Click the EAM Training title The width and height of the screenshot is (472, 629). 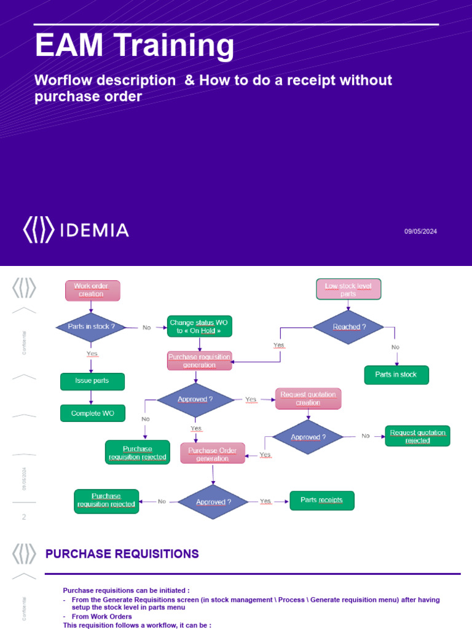click(x=135, y=46)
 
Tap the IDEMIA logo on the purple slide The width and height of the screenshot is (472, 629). click(x=76, y=230)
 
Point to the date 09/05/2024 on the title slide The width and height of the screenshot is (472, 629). click(x=420, y=232)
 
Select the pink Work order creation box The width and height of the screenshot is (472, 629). click(x=92, y=290)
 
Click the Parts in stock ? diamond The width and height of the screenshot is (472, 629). click(x=92, y=327)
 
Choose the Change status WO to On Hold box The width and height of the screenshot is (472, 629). click(x=200, y=326)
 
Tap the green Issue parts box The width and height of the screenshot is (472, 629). click(x=92, y=381)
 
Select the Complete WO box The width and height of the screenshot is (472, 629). click(x=92, y=413)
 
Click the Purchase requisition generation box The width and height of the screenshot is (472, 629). click(x=200, y=361)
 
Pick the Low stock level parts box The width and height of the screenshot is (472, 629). click(x=348, y=289)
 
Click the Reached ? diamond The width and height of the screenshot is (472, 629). click(x=348, y=327)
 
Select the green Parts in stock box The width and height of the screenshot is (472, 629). click(x=396, y=375)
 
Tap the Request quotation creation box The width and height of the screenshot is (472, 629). click(x=308, y=398)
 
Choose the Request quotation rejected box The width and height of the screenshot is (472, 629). click(x=417, y=436)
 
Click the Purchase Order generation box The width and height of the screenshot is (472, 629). click(x=213, y=453)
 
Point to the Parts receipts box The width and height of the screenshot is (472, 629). click(x=322, y=500)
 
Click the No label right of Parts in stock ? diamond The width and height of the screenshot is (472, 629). click(x=146, y=327)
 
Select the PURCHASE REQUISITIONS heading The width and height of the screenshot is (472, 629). click(x=122, y=554)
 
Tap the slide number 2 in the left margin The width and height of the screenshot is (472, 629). click(x=24, y=517)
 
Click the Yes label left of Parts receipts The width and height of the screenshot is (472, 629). click(x=265, y=501)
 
